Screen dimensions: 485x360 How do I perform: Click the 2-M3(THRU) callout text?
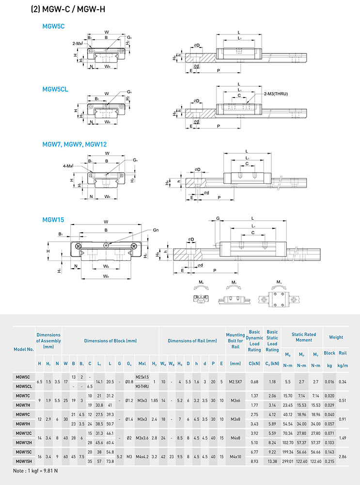tap(276, 94)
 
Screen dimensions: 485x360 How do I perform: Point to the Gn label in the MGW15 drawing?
tap(156, 230)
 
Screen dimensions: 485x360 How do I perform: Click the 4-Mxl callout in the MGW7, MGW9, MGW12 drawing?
tap(67, 166)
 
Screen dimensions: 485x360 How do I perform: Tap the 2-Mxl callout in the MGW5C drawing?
tap(78, 43)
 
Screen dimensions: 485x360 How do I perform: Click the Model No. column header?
tap(23, 349)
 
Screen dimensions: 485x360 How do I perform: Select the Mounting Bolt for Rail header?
tap(235, 341)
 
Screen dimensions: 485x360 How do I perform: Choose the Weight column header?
tap(336, 337)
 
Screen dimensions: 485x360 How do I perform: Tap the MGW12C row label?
tap(23, 433)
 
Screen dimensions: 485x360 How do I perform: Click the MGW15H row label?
tap(23, 461)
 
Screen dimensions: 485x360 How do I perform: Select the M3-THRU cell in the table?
tap(142, 386)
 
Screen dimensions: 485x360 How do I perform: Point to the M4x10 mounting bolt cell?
tap(235, 456)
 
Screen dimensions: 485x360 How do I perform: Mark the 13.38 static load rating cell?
tap(272, 461)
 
